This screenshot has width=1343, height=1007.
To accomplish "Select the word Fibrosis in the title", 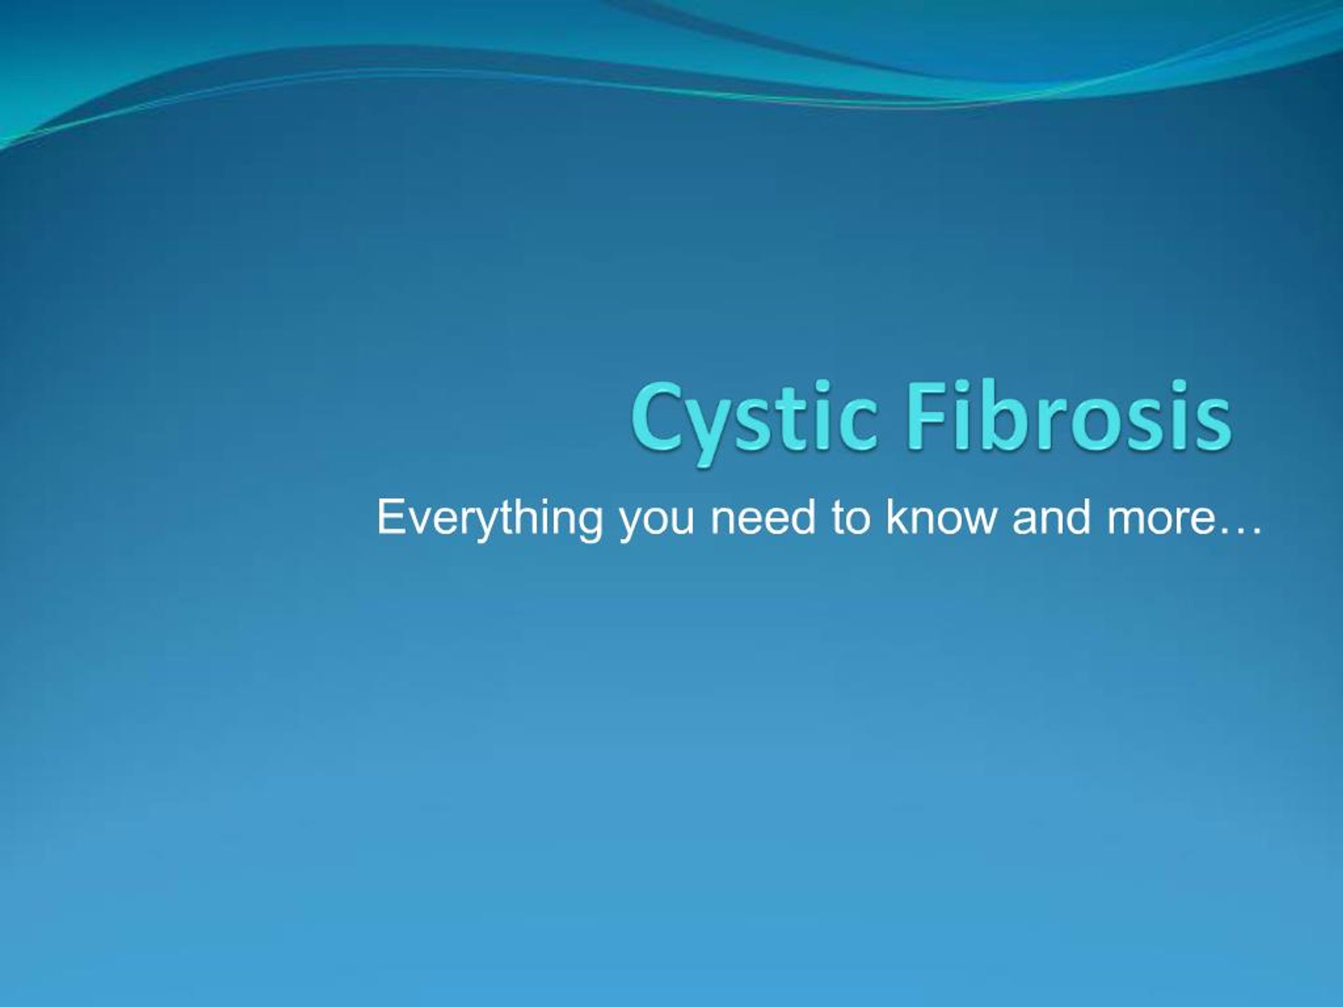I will (1069, 417).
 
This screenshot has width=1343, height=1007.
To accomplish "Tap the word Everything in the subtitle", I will (489, 519).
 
